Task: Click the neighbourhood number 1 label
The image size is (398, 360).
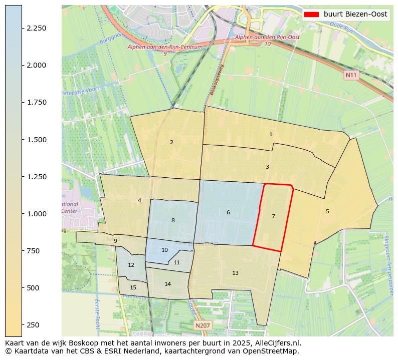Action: pos(271,134)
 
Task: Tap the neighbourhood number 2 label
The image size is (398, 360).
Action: pos(171,142)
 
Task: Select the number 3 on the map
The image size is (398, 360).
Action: pos(267,167)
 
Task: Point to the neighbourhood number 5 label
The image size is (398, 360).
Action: pos(327,211)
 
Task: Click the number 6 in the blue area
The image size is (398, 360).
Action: pos(228,212)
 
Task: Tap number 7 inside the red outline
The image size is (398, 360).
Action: pos(273,216)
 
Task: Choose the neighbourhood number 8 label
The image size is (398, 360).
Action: pos(173,220)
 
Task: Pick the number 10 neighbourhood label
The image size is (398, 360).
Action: pos(164,250)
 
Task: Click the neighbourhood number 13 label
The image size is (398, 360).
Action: pos(235,273)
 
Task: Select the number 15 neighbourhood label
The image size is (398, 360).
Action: pos(133,287)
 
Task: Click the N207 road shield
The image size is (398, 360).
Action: pos(203,325)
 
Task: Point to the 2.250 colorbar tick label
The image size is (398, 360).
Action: pos(37,28)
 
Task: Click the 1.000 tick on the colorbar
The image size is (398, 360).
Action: pos(37,214)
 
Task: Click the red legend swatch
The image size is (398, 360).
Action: pos(311,15)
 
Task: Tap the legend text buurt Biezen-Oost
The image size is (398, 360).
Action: pos(355,15)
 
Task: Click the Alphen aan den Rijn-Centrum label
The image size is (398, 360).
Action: pos(165,47)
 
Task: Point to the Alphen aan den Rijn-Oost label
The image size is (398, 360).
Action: pos(267,38)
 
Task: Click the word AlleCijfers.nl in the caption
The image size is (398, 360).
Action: pos(274,343)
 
